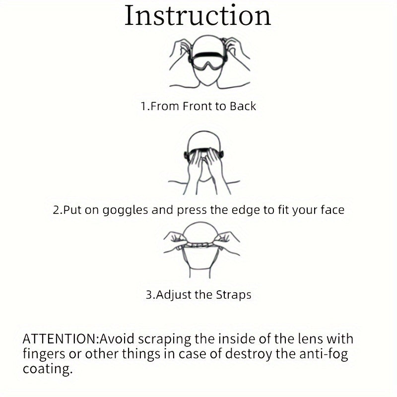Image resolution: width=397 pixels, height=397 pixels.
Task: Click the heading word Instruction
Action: click(198, 16)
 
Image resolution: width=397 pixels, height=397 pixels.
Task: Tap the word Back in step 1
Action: click(243, 106)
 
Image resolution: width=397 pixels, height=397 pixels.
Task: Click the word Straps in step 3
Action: click(233, 295)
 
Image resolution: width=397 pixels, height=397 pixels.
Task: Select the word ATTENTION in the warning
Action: click(60, 339)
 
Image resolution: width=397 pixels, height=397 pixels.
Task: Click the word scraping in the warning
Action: click(165, 339)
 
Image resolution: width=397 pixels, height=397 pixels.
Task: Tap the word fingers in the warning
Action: click(44, 354)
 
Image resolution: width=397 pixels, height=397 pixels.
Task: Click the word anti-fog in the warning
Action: click(324, 354)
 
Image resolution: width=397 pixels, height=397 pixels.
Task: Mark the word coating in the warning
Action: click(48, 369)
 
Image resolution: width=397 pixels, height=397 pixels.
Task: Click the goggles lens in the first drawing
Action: click(207, 63)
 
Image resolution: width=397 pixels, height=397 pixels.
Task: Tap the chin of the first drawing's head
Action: click(207, 83)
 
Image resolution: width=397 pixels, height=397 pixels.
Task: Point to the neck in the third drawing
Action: click(200, 273)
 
